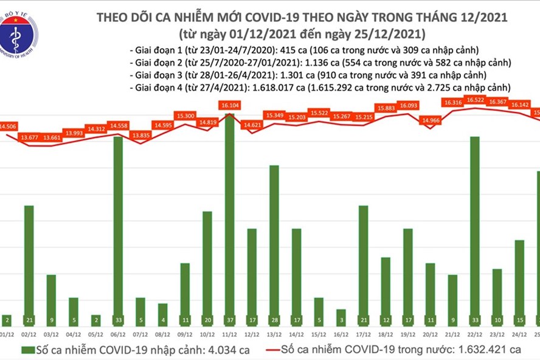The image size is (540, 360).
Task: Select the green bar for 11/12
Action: click(x=229, y=213)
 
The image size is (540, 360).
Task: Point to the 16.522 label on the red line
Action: click(x=475, y=99)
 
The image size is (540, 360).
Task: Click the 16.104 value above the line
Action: click(x=229, y=105)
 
